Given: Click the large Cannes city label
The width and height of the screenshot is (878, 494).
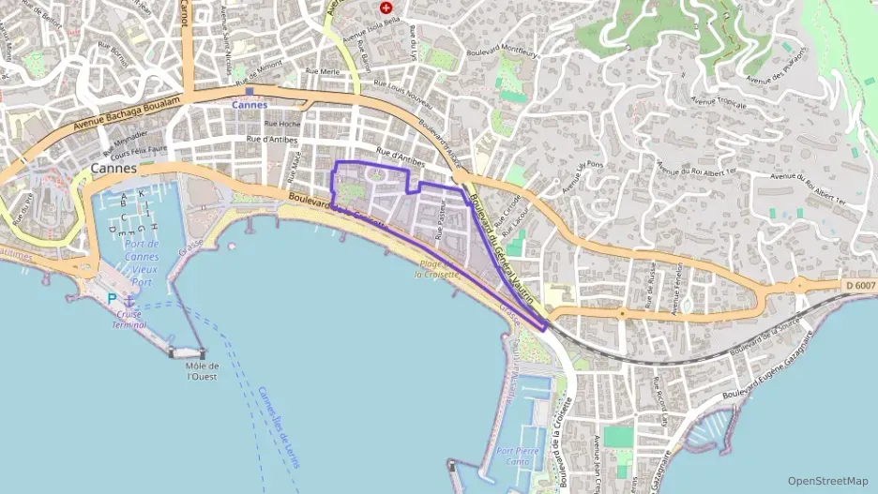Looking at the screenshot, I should (x=114, y=169).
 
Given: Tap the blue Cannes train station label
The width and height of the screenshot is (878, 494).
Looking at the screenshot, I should (x=249, y=104).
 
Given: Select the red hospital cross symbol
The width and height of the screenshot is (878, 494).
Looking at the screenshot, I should (x=386, y=7).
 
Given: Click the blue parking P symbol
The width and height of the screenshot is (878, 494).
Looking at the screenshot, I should (x=112, y=298).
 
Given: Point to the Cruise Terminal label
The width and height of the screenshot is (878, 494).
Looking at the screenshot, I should (x=129, y=320).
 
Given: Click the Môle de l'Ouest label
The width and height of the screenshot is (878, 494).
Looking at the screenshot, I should (x=203, y=371).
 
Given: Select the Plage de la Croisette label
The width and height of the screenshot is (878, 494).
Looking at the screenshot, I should (x=438, y=269).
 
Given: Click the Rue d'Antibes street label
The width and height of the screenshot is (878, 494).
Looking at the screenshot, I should (x=272, y=140).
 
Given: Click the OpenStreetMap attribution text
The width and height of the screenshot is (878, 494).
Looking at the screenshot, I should (x=828, y=481).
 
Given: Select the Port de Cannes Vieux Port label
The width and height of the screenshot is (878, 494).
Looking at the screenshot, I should (x=141, y=262).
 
